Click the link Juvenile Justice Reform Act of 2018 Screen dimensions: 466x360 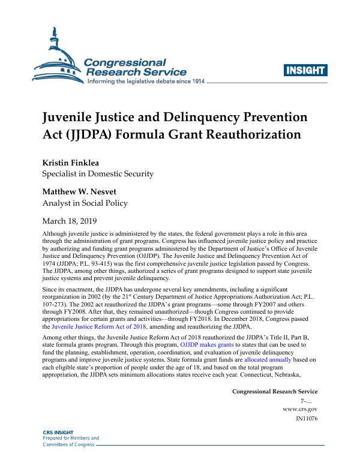point(100,327)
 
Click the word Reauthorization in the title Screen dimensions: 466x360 point(249,134)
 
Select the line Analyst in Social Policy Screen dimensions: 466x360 point(84,203)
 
